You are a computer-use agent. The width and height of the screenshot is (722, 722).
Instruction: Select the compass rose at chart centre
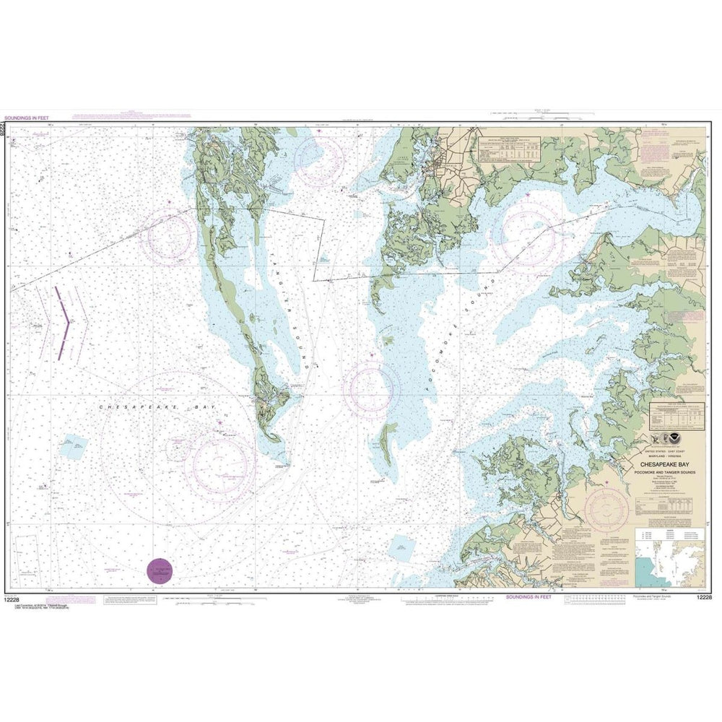tap(371, 391)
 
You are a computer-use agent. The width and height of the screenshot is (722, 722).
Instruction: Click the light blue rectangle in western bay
tap(74, 446)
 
